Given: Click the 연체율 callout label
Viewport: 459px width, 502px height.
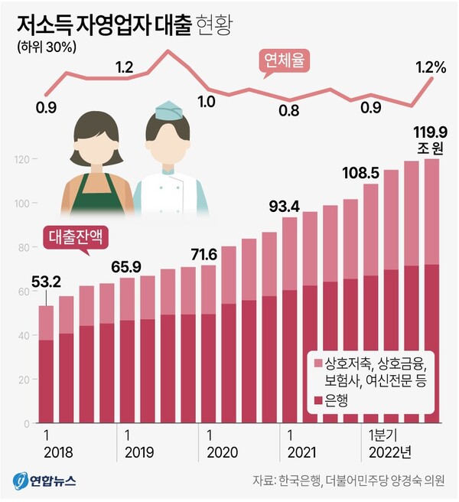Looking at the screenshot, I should pyautogui.click(x=285, y=61).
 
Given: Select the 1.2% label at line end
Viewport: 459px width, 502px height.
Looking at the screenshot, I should pyautogui.click(x=431, y=67).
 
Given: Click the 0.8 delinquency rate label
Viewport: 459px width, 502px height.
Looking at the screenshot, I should pyautogui.click(x=289, y=110).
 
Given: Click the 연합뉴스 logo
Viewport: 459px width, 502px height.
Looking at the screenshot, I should pyautogui.click(x=44, y=481).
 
